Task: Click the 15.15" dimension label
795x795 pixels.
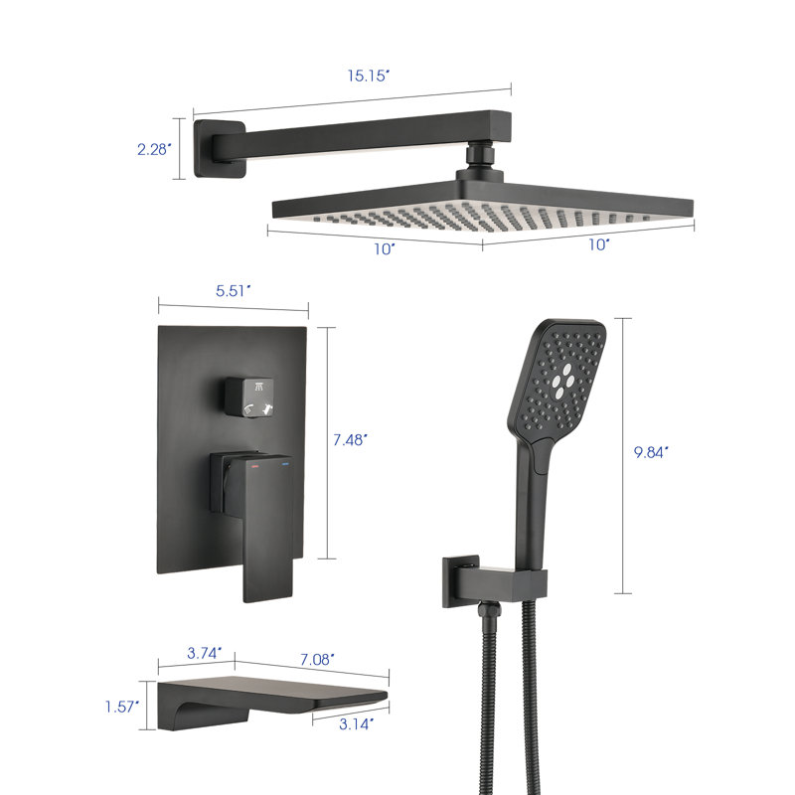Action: [x=368, y=76]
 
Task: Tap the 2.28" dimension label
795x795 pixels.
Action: [x=154, y=149]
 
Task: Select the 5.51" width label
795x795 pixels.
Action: [x=234, y=291]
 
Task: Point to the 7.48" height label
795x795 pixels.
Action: [x=350, y=439]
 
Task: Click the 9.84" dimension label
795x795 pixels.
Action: [x=651, y=452]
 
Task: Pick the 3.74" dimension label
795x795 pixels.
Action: [x=205, y=653]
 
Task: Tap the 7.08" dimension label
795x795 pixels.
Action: [x=317, y=659]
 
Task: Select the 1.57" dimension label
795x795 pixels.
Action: [x=121, y=707]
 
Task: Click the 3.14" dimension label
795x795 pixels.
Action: [x=356, y=724]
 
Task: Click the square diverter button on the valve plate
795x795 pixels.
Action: [x=249, y=397]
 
